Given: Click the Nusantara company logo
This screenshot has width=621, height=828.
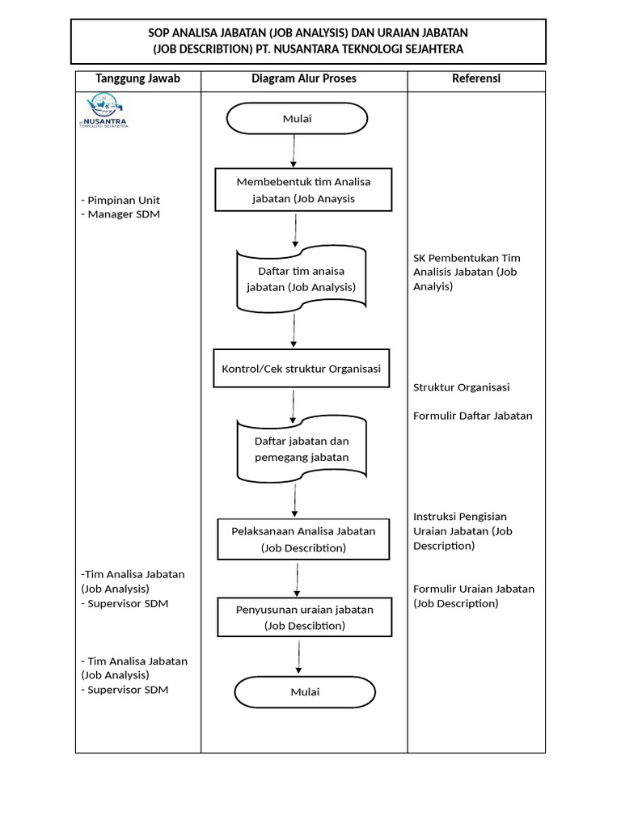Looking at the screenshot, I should coord(107,112).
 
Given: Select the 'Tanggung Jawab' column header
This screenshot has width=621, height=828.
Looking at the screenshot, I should coord(137,79).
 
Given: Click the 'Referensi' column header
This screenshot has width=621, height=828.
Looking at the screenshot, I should coord(475,79).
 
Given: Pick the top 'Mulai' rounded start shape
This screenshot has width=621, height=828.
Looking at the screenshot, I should coord(298,120).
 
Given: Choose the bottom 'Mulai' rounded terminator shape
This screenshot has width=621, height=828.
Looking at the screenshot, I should coord(305,692).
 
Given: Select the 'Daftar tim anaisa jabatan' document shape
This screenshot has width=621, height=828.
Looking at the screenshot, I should coord(301,279).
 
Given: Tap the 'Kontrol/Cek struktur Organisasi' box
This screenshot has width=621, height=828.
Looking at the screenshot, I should coord(301,369).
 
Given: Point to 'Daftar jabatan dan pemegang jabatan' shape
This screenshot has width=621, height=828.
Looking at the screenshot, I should coord(301,450).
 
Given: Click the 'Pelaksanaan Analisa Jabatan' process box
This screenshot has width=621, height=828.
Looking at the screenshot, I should coord(302,539).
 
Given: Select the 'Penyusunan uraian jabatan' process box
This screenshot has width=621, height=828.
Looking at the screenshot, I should coord(304,618).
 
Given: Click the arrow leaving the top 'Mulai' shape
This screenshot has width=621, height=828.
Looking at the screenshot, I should coord(294,151).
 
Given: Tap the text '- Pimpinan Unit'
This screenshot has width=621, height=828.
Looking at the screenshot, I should coord(120,200).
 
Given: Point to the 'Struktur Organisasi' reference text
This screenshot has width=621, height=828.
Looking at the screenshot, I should coord(461,387).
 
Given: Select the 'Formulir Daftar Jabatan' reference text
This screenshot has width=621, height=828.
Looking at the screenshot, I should coord(473,416).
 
